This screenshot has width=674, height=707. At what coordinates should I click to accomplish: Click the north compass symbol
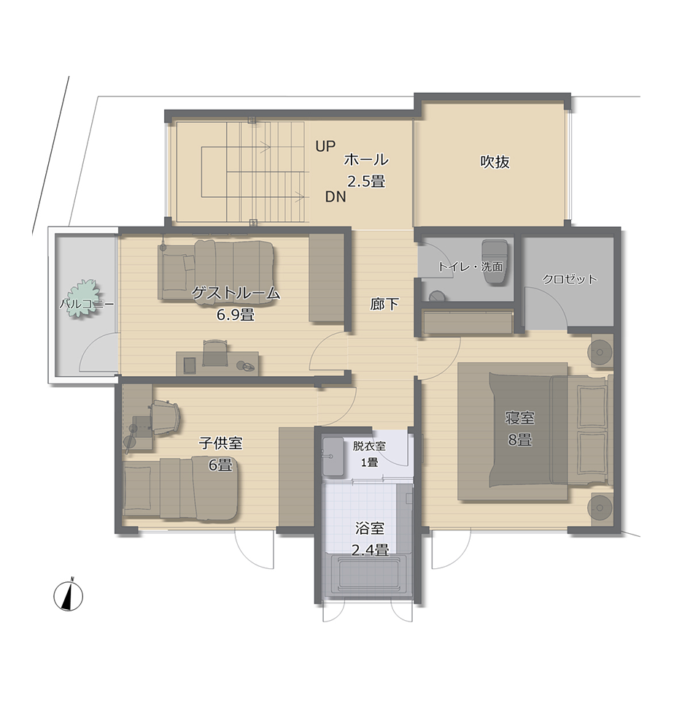[68, 596]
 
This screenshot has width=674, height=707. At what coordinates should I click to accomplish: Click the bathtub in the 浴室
[369, 576]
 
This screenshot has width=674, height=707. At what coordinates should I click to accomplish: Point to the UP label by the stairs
[325, 146]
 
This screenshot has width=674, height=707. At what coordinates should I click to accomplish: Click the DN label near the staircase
[336, 196]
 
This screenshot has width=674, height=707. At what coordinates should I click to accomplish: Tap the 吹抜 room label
[495, 161]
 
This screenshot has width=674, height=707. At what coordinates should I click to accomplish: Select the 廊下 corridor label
[384, 305]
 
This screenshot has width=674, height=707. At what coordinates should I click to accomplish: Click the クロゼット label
[569, 279]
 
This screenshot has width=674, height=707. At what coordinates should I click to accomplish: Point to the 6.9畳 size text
[236, 314]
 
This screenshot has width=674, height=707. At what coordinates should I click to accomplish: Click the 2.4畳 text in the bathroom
[370, 550]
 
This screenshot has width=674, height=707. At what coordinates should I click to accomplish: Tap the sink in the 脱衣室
[333, 456]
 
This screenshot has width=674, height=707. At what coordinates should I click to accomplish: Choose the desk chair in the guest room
[214, 353]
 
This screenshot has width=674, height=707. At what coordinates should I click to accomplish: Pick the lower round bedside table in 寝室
[600, 508]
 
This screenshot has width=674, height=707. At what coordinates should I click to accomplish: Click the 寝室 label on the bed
[519, 418]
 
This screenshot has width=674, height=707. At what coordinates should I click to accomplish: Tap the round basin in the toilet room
[437, 297]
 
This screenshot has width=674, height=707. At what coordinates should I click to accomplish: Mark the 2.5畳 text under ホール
[366, 181]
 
